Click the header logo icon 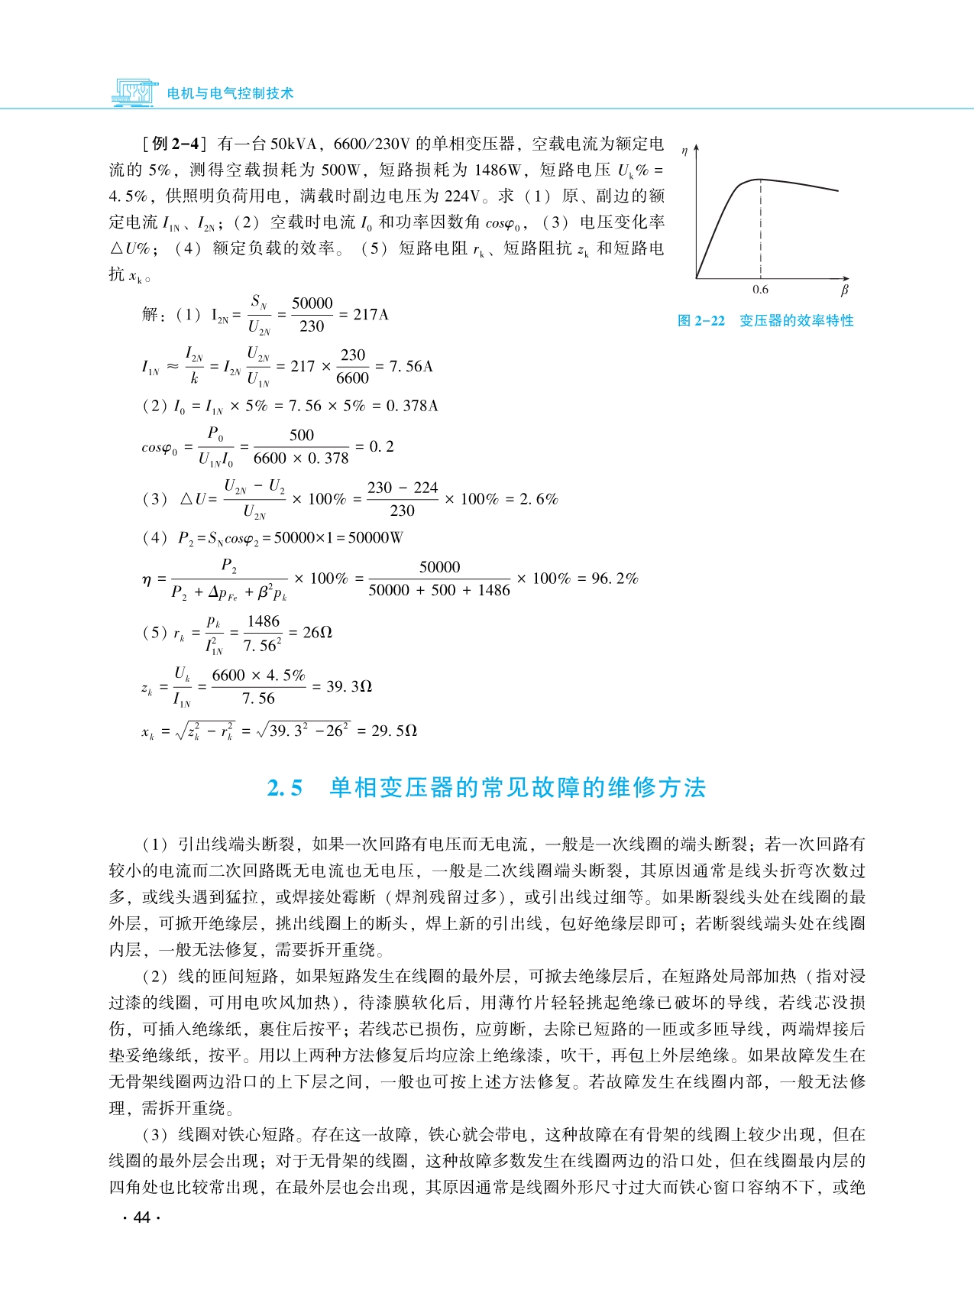pos(135,92)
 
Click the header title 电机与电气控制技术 pos(230,93)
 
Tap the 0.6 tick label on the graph pos(760,290)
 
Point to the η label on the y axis pos(684,151)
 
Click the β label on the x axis pos(844,290)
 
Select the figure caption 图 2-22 pos(701,321)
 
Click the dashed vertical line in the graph pos(761,229)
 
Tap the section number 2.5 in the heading pos(285,788)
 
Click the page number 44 pos(141,1217)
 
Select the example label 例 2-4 pos(175,144)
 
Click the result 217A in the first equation pos(371,315)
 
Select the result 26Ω pos(318,633)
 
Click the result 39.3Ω pos(349,686)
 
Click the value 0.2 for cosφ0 pos(382,446)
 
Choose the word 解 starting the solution pos(150,315)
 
